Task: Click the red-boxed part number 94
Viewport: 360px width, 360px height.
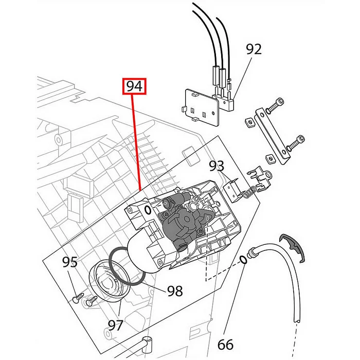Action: point(134,86)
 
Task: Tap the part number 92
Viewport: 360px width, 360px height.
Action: point(254,49)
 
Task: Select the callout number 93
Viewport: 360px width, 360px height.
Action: point(217,166)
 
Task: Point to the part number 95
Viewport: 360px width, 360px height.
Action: point(70,262)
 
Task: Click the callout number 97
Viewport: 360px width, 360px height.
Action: point(115,325)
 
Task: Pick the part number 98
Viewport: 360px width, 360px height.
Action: point(175,291)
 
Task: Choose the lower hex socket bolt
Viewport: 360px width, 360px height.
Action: point(296,141)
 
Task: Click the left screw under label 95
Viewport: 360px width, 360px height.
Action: point(79,296)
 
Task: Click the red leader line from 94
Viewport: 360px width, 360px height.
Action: point(137,139)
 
